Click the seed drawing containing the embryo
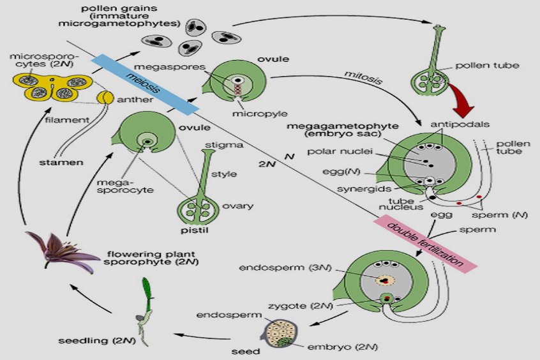coord(280,332)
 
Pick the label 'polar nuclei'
coord(354,153)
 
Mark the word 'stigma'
coord(227,146)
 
